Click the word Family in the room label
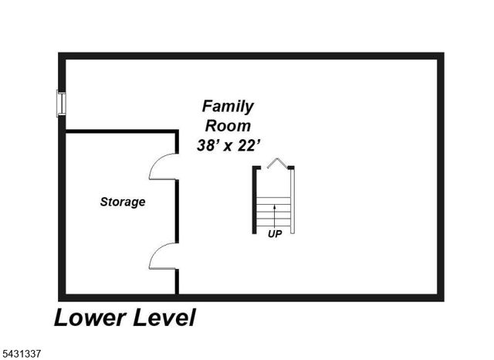click(x=228, y=107)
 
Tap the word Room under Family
click(x=228, y=126)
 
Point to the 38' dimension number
click(x=208, y=145)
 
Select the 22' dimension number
click(x=249, y=145)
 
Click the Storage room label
click(x=123, y=202)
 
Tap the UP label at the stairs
click(x=275, y=234)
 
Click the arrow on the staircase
click(x=275, y=217)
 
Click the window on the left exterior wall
click(x=61, y=103)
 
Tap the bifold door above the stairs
click(x=277, y=163)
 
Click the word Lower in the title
click(x=90, y=318)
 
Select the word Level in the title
click(x=164, y=318)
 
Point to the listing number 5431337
click(x=21, y=353)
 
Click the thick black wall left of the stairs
click(x=254, y=200)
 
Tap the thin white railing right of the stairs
click(x=292, y=201)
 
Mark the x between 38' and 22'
click(x=228, y=147)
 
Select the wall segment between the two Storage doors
click(x=177, y=211)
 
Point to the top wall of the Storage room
click(x=121, y=131)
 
